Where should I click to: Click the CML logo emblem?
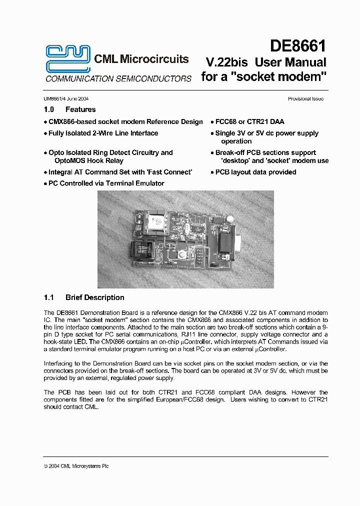point(68,58)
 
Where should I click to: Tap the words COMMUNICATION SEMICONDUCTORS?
point(118,79)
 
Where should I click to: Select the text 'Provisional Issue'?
point(305,99)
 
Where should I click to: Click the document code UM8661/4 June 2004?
point(66,99)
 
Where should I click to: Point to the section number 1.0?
point(49,109)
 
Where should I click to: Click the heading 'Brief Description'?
point(95,297)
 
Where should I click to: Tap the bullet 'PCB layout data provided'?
point(255,172)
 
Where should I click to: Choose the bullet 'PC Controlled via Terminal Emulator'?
point(106,183)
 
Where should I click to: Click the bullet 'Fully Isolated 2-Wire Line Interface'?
point(103,133)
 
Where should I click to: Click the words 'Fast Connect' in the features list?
point(170,172)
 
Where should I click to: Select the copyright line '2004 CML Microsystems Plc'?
point(78,466)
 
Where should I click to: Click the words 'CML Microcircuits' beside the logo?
point(141,59)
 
